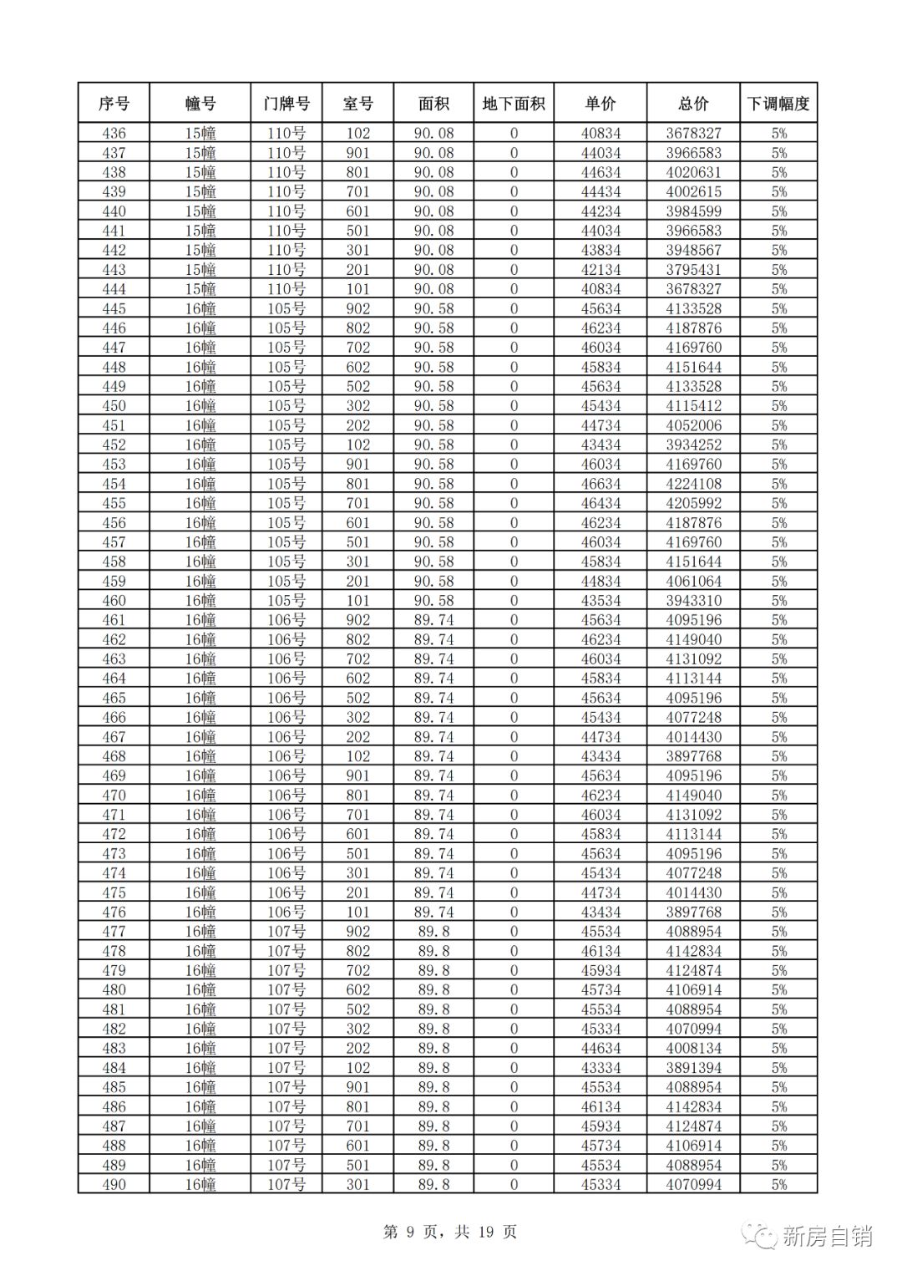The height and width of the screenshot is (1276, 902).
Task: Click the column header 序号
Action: pyautogui.click(x=114, y=104)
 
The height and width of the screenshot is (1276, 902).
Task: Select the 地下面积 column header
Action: pyautogui.click(x=514, y=104)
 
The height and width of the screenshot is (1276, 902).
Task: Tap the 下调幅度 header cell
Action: pyautogui.click(x=778, y=104)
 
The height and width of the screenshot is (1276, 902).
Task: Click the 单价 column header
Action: pyautogui.click(x=600, y=104)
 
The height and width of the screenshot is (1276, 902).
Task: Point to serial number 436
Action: pyautogui.click(x=114, y=133)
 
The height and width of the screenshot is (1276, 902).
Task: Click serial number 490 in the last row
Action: pyautogui.click(x=114, y=1184)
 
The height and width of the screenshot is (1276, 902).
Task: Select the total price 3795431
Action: pyautogui.click(x=693, y=269)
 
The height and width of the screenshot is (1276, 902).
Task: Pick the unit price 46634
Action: pyautogui.click(x=600, y=484)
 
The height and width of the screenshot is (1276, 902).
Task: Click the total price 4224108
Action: pyautogui.click(x=693, y=484)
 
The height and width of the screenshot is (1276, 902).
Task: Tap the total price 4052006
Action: pyautogui.click(x=693, y=425)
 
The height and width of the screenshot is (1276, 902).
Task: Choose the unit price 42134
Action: pyautogui.click(x=600, y=269)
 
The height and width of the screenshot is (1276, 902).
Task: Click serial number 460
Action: pyautogui.click(x=114, y=600)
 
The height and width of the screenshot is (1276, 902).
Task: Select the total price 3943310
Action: pyautogui.click(x=693, y=600)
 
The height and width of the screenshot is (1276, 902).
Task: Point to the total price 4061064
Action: pyautogui.click(x=693, y=581)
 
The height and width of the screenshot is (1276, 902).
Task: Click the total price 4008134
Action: pyautogui.click(x=693, y=1048)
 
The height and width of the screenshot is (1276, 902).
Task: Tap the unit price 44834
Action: pyautogui.click(x=600, y=581)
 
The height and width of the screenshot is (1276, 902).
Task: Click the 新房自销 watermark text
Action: pyautogui.click(x=827, y=1236)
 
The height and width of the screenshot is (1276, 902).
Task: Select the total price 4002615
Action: pyautogui.click(x=693, y=191)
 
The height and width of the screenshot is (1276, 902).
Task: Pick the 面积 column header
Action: pyautogui.click(x=433, y=104)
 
